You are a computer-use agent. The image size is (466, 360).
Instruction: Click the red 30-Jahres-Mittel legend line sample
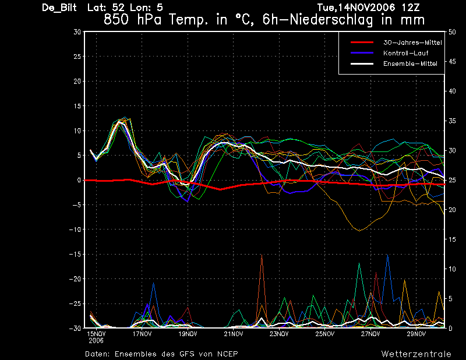pos(362,43)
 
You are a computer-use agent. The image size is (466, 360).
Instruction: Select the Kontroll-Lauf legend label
pos(405,53)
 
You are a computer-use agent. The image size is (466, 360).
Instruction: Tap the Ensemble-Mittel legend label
pos(410,63)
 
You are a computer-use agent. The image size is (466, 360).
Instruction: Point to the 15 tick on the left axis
pos(77,106)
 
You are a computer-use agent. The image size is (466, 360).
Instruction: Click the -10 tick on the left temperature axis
pos(75,230)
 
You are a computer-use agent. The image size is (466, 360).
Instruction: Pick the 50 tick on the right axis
pos(452,32)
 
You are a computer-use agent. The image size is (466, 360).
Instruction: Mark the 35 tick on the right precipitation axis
pos(452,121)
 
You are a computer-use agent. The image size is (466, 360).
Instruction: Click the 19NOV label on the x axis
pos(188,334)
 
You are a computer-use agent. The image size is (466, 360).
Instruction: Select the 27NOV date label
pos(370,334)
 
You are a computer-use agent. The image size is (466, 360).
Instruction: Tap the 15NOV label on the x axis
pos(96,334)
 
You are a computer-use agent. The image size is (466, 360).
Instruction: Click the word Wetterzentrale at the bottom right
pos(416,354)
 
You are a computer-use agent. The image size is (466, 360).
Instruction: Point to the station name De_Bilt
pos(59,8)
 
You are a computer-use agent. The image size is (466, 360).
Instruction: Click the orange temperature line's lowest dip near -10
pos(359,231)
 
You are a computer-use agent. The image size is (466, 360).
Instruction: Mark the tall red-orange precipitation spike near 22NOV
pos(262,255)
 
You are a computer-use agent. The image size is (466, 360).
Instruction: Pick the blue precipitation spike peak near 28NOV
pos(387,255)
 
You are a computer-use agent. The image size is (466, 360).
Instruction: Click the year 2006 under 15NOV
pos(96,341)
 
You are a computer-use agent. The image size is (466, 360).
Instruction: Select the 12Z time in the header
pos(411,7)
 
